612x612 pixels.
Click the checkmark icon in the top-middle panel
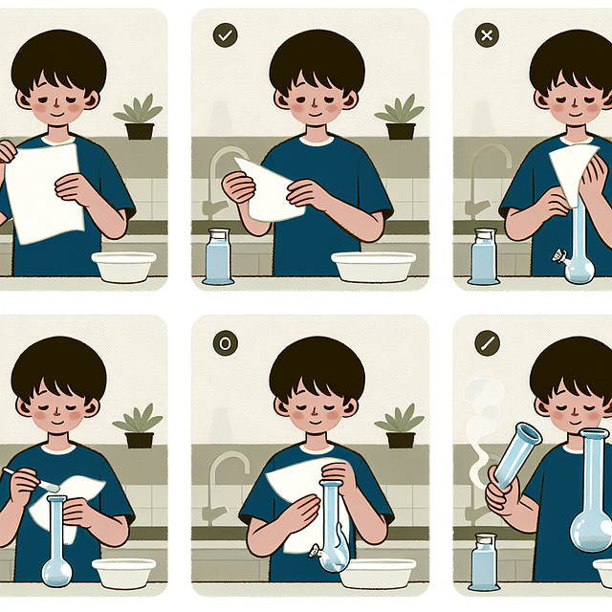click(226, 35)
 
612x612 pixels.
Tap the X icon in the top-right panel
click(486, 35)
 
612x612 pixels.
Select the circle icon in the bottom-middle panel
click(226, 342)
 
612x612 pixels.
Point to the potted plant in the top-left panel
click(139, 119)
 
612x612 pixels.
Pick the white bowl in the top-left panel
click(123, 266)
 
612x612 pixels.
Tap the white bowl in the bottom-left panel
click(123, 572)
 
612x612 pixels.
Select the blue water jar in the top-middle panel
click(218, 257)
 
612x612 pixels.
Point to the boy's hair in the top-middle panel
click(317, 57)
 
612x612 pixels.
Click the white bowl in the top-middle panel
click(373, 266)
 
